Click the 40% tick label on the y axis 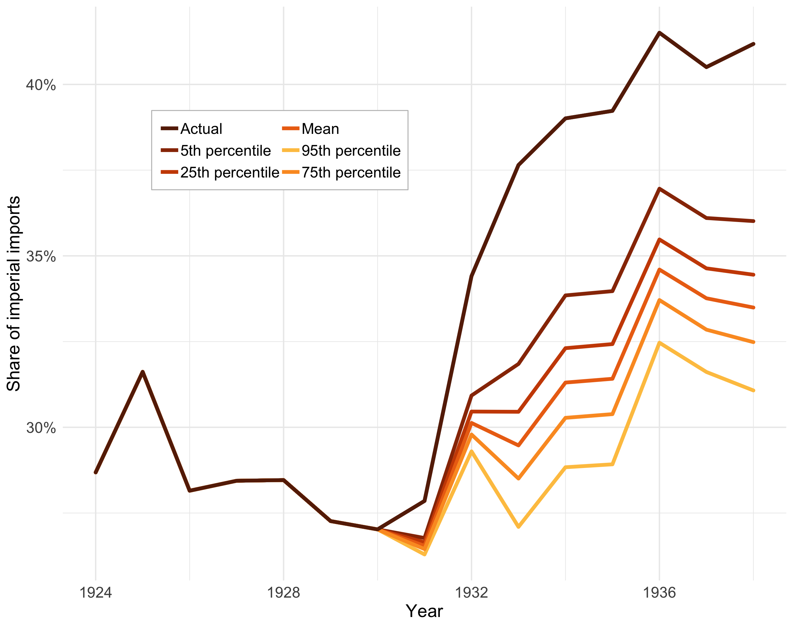(40, 85)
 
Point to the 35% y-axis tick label (40, 256)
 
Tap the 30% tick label (40, 428)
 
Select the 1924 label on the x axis (95, 592)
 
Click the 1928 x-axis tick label (283, 592)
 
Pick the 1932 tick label (471, 592)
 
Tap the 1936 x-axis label (659, 592)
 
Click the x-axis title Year (424, 611)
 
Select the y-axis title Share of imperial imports (14, 294)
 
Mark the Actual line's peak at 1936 (659, 33)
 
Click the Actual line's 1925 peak (142, 372)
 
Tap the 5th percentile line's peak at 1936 (659, 189)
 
